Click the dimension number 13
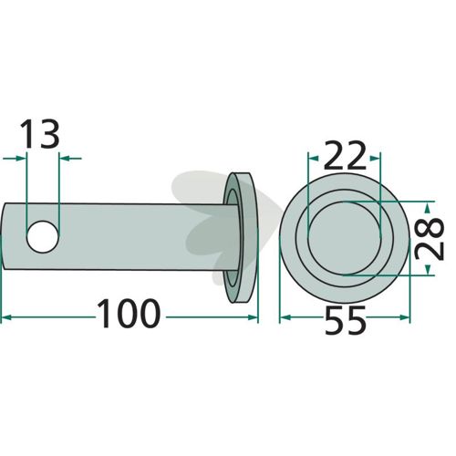[40, 134]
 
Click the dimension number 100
[128, 314]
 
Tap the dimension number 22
[345, 155]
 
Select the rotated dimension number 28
[430, 238]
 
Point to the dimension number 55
[345, 320]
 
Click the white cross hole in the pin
[43, 237]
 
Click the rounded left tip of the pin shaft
[4, 236]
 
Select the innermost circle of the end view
[345, 238]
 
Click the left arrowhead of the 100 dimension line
[6, 317]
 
